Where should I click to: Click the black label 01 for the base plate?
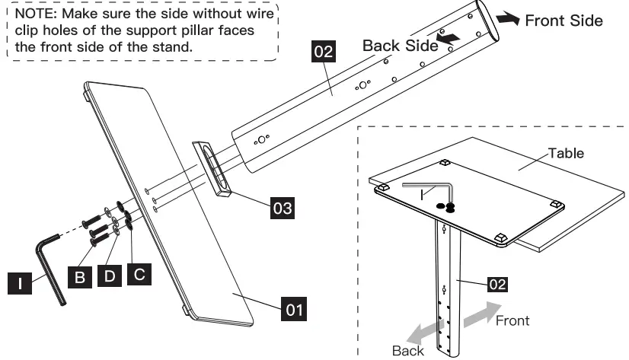point(295,310)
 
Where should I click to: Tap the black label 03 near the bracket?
point(282,206)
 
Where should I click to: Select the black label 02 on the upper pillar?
point(324,53)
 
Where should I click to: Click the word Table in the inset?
point(567,153)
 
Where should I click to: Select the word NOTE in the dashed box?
point(33,14)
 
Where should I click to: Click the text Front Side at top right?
point(564,21)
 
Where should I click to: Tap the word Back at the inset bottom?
point(408,351)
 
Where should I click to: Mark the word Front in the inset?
point(512,320)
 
